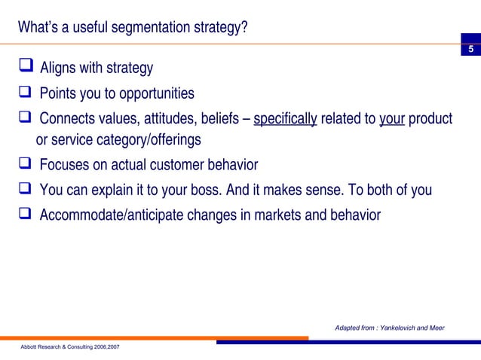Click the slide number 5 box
click(x=470, y=50)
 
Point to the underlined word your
click(x=392, y=119)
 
